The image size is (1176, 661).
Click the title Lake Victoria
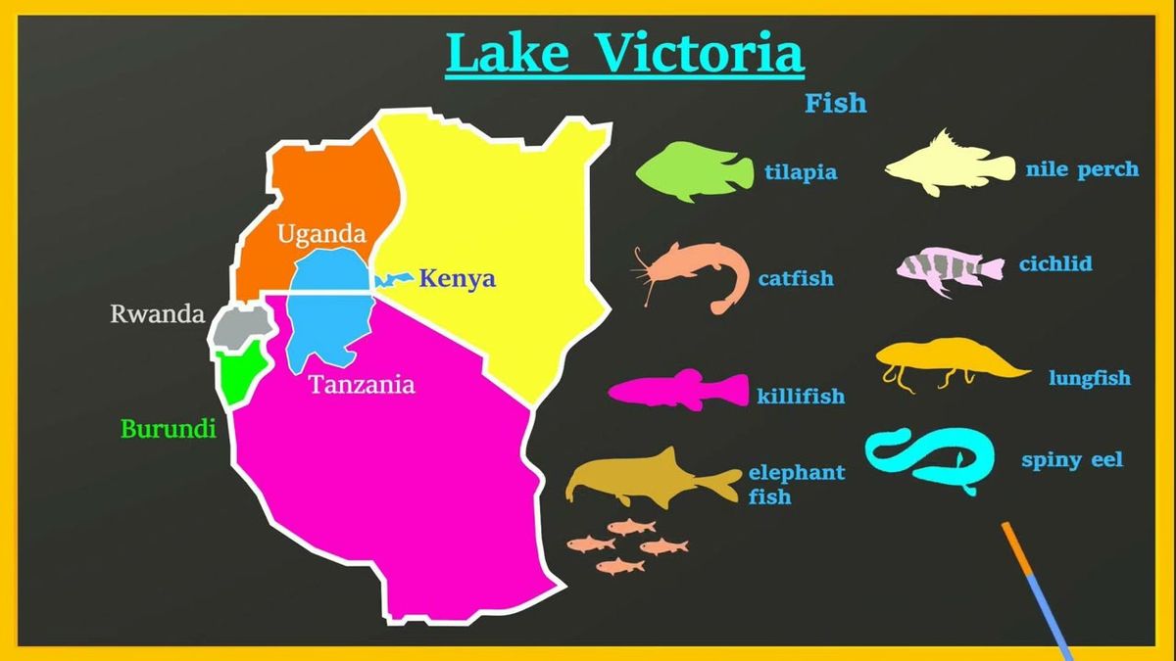pyautogui.click(x=625, y=53)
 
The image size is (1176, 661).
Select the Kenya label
pyautogui.click(x=457, y=279)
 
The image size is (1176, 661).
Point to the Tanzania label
pyautogui.click(x=362, y=385)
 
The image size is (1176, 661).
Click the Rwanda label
pyautogui.click(x=157, y=314)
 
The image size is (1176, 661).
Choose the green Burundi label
pyautogui.click(x=168, y=428)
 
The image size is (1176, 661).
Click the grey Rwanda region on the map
pyautogui.click(x=239, y=327)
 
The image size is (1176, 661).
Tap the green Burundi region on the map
pyautogui.click(x=237, y=376)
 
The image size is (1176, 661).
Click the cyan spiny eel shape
pyautogui.click(x=926, y=456)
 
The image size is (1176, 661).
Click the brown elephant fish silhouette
pyautogui.click(x=652, y=478)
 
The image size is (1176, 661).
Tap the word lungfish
pyautogui.click(x=1089, y=378)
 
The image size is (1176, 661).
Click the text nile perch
pyautogui.click(x=1082, y=169)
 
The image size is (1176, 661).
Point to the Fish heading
pyautogui.click(x=835, y=103)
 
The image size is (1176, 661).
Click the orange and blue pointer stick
pyautogui.click(x=1037, y=588)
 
